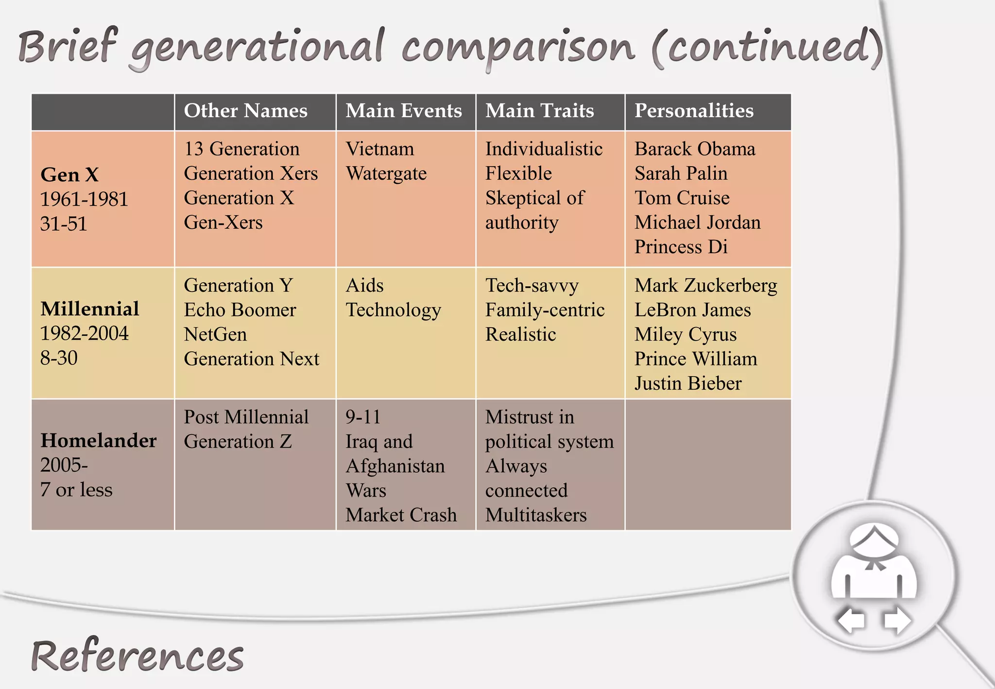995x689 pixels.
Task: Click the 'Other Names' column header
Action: click(x=245, y=111)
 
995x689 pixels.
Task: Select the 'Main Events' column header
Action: click(x=403, y=111)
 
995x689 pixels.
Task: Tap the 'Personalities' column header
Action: click(x=694, y=111)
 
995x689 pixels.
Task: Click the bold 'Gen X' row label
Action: click(x=69, y=175)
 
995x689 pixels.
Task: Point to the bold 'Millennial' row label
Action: click(x=90, y=309)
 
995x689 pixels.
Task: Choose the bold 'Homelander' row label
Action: click(x=99, y=441)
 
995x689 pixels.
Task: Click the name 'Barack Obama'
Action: click(x=695, y=149)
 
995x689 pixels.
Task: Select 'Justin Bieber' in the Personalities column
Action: click(x=688, y=384)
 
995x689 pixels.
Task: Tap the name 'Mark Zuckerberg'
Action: click(x=705, y=286)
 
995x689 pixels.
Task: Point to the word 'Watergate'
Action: click(x=386, y=174)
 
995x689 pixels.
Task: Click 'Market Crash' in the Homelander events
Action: click(x=401, y=515)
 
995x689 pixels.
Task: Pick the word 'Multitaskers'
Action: click(x=536, y=515)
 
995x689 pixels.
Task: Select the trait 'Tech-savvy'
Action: click(x=532, y=286)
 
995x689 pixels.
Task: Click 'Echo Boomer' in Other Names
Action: click(x=240, y=310)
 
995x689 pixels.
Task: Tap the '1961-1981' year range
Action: click(x=84, y=199)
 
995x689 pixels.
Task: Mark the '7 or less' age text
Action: click(x=76, y=490)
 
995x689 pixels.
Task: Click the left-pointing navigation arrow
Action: click(x=851, y=620)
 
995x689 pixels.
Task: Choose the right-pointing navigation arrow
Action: click(x=897, y=620)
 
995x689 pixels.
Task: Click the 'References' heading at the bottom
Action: click(x=137, y=656)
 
